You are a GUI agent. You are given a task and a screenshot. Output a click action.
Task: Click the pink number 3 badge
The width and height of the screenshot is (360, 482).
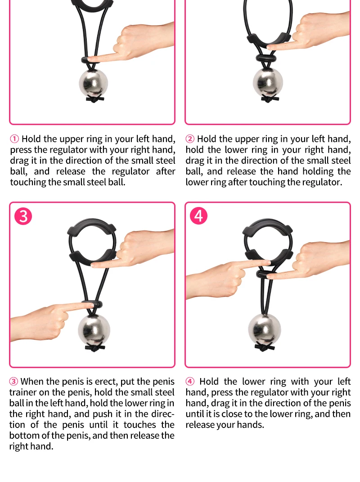(23, 216)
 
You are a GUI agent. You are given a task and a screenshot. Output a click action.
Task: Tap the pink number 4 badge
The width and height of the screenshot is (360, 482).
(198, 216)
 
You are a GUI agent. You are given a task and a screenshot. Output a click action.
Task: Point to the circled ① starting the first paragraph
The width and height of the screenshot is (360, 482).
(14, 139)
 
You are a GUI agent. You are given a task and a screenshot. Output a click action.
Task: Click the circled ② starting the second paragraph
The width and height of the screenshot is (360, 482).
(190, 139)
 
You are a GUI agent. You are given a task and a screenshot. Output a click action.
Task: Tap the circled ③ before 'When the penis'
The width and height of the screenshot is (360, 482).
(13, 382)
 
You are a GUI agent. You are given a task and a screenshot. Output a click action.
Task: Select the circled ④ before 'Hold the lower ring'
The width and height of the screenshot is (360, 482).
(190, 382)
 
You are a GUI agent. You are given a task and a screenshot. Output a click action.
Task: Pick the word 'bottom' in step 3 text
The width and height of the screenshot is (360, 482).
(24, 435)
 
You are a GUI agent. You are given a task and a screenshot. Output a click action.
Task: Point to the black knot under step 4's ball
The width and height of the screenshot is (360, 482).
(264, 347)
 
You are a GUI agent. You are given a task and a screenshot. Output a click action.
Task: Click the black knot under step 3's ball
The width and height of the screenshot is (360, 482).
(94, 347)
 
